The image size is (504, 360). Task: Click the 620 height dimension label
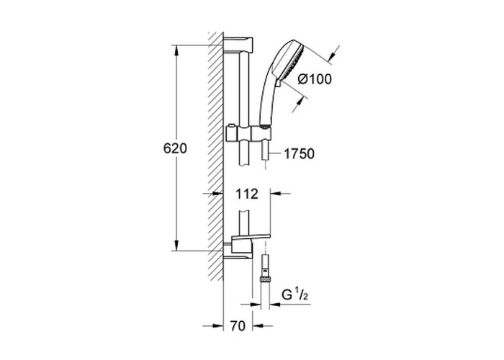[x=175, y=148]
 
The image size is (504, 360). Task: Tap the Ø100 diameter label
[x=315, y=79]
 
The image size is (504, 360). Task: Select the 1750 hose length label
[x=299, y=154]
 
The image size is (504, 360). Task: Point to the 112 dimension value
[x=247, y=194]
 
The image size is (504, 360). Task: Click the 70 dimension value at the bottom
[x=238, y=326]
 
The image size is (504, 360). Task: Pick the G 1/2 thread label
[x=294, y=294]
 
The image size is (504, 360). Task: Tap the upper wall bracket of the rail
[x=238, y=45]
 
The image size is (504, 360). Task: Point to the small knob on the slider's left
[x=230, y=125]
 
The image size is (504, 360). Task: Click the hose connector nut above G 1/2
[x=265, y=279]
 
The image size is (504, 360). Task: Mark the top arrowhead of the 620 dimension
[x=176, y=50]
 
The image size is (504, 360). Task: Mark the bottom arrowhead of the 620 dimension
[x=176, y=245]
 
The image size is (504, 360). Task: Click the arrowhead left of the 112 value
[x=218, y=194]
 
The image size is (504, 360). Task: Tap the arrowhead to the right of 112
[x=276, y=194]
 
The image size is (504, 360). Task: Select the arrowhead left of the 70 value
[x=218, y=326]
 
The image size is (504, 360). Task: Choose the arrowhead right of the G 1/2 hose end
[x=275, y=304]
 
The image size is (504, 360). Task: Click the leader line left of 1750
[x=276, y=154]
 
